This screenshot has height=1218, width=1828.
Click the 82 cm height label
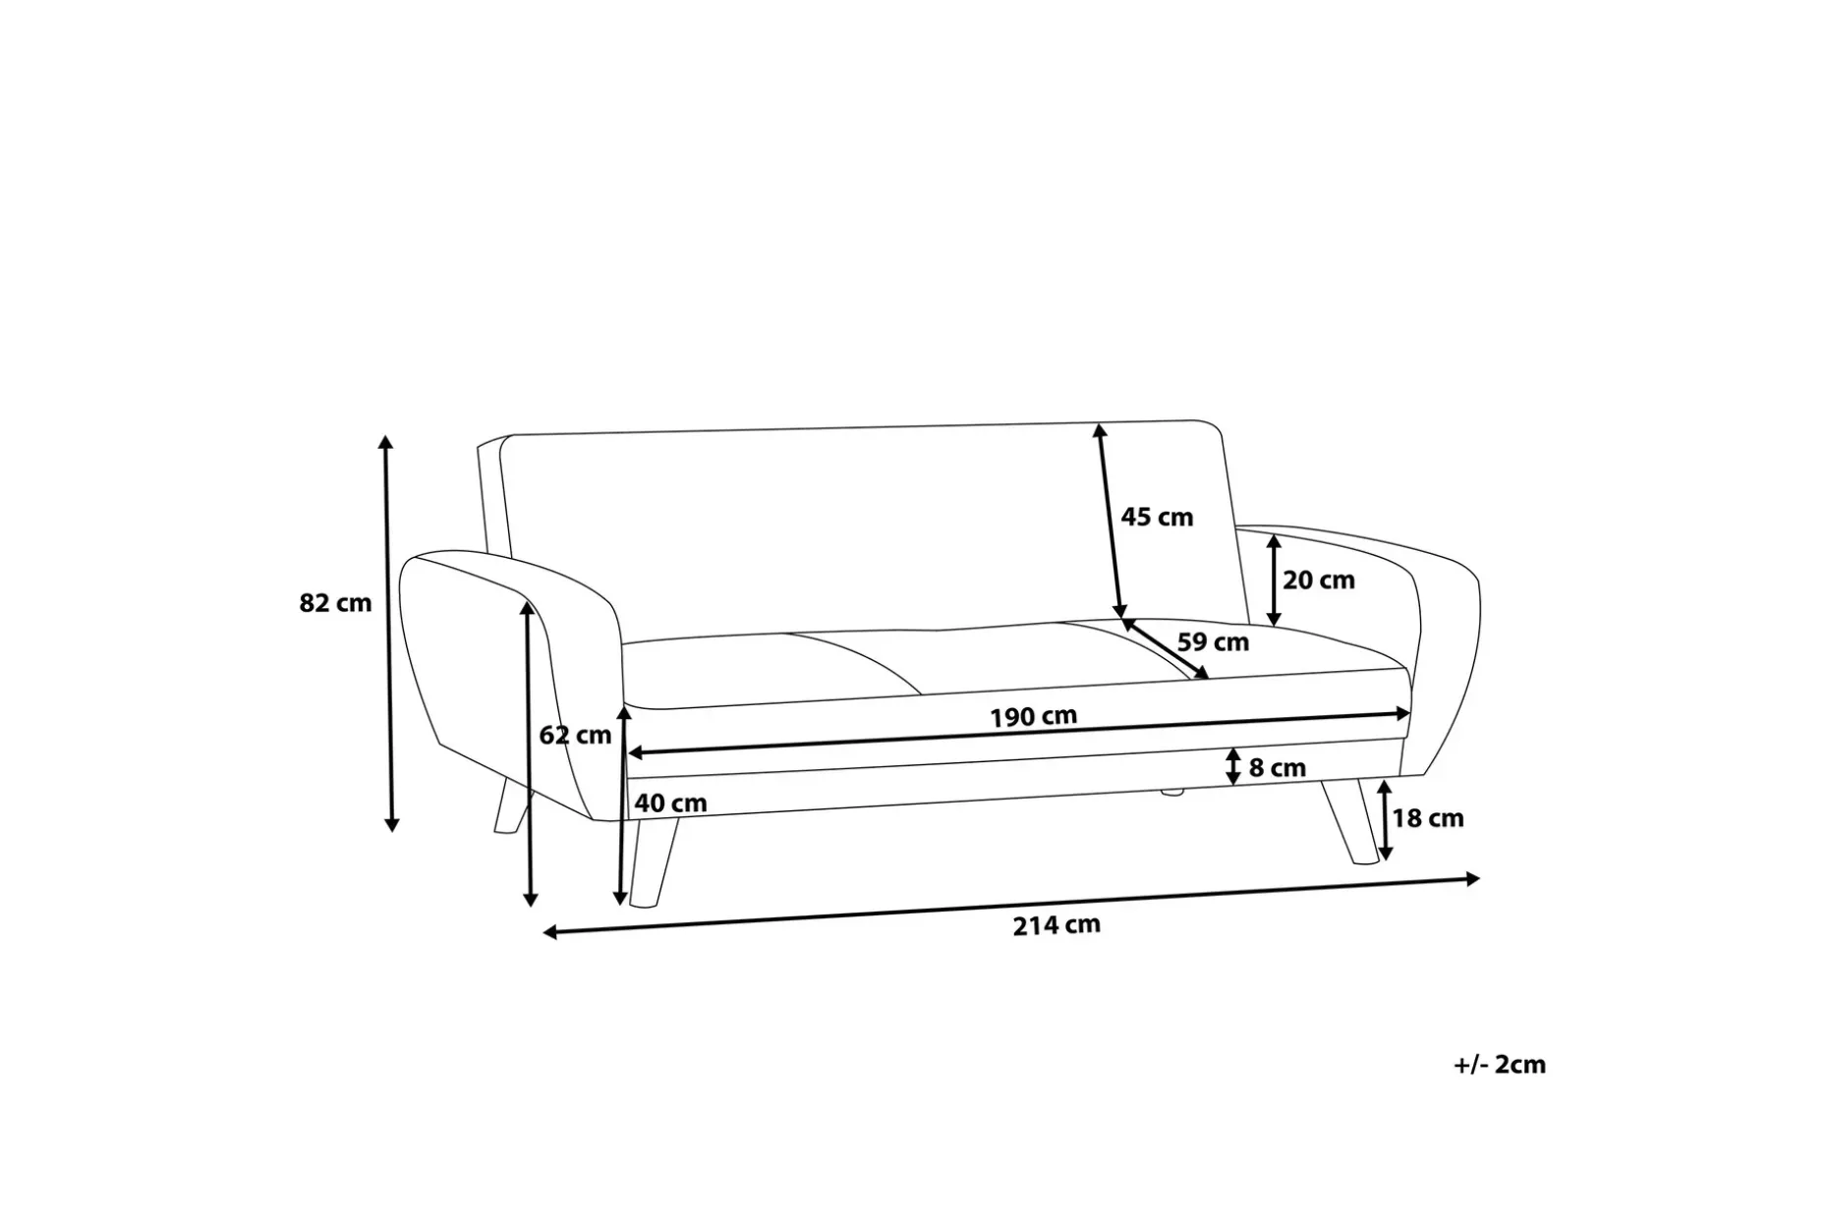point(335,603)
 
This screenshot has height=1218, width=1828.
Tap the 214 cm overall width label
point(1057,925)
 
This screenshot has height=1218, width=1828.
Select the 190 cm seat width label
point(1033,717)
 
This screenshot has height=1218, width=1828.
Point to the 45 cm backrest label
point(1157,517)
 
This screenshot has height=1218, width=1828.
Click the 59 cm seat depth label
point(1213,642)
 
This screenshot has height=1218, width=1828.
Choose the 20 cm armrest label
point(1318,581)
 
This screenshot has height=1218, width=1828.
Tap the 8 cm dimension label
point(1277,768)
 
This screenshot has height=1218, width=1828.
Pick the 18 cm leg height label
point(1427,818)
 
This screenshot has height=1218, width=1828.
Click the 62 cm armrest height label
point(575,735)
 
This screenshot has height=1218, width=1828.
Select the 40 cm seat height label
point(670,803)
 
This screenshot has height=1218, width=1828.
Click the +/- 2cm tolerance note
point(1500,1065)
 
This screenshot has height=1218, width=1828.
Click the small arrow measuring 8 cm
point(1232,767)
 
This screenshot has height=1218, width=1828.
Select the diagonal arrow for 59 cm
point(1167,648)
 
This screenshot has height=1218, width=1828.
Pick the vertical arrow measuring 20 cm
point(1274,581)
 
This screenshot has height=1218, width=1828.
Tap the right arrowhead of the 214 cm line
point(1472,879)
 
